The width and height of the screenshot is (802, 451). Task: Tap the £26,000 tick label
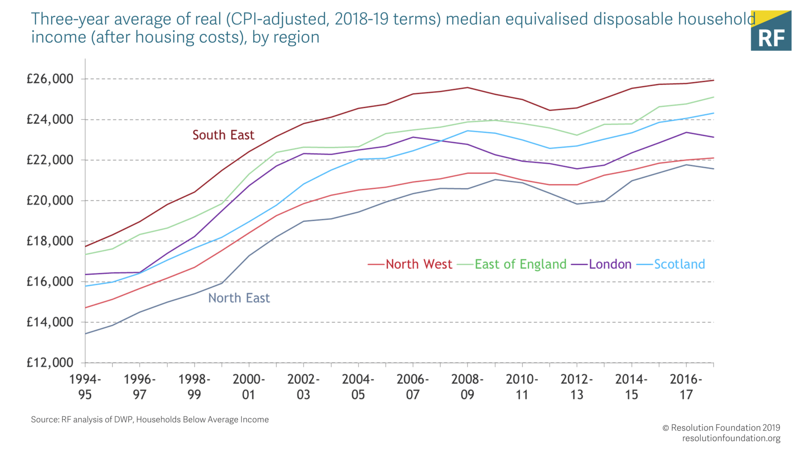[x=50, y=79]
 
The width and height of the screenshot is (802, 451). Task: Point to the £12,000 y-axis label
[x=50, y=362]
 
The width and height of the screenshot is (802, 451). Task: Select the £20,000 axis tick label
[x=50, y=200]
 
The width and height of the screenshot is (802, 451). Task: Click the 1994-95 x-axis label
[x=85, y=387]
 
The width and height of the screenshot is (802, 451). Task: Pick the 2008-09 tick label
[x=467, y=387]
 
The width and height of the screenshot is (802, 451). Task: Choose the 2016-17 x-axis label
[x=686, y=387]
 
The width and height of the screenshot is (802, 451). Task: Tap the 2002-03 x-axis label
[x=303, y=387]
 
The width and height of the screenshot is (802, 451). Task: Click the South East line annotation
[x=223, y=135]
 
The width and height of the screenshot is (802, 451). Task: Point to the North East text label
[x=239, y=298]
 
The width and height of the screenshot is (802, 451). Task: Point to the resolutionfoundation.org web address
[x=731, y=439]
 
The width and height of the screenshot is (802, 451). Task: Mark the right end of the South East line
[x=713, y=80]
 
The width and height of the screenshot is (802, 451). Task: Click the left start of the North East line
[x=86, y=333]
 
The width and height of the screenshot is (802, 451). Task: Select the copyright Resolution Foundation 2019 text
[x=721, y=428]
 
